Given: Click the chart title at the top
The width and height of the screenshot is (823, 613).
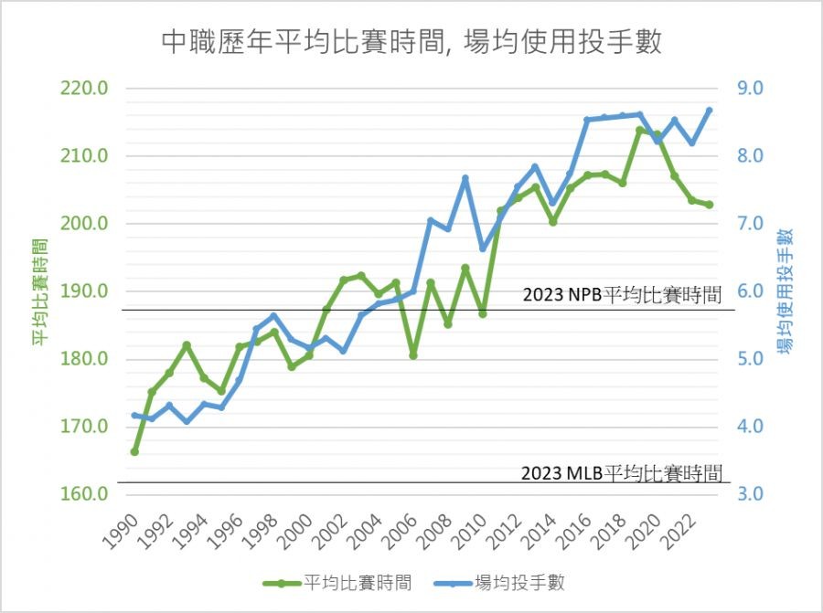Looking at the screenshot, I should click(x=411, y=42).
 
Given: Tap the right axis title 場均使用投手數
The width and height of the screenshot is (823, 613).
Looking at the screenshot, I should click(x=785, y=291).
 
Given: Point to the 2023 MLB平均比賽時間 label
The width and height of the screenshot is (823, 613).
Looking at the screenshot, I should click(x=622, y=473).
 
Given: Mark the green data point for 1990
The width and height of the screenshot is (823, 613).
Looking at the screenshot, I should click(x=134, y=451).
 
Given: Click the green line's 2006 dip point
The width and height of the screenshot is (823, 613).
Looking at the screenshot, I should click(x=413, y=354).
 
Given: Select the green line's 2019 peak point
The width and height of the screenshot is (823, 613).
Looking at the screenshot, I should click(x=640, y=131).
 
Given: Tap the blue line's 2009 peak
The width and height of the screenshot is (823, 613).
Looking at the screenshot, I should click(x=465, y=178).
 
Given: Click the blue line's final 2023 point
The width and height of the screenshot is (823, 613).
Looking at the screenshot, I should click(x=710, y=111).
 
